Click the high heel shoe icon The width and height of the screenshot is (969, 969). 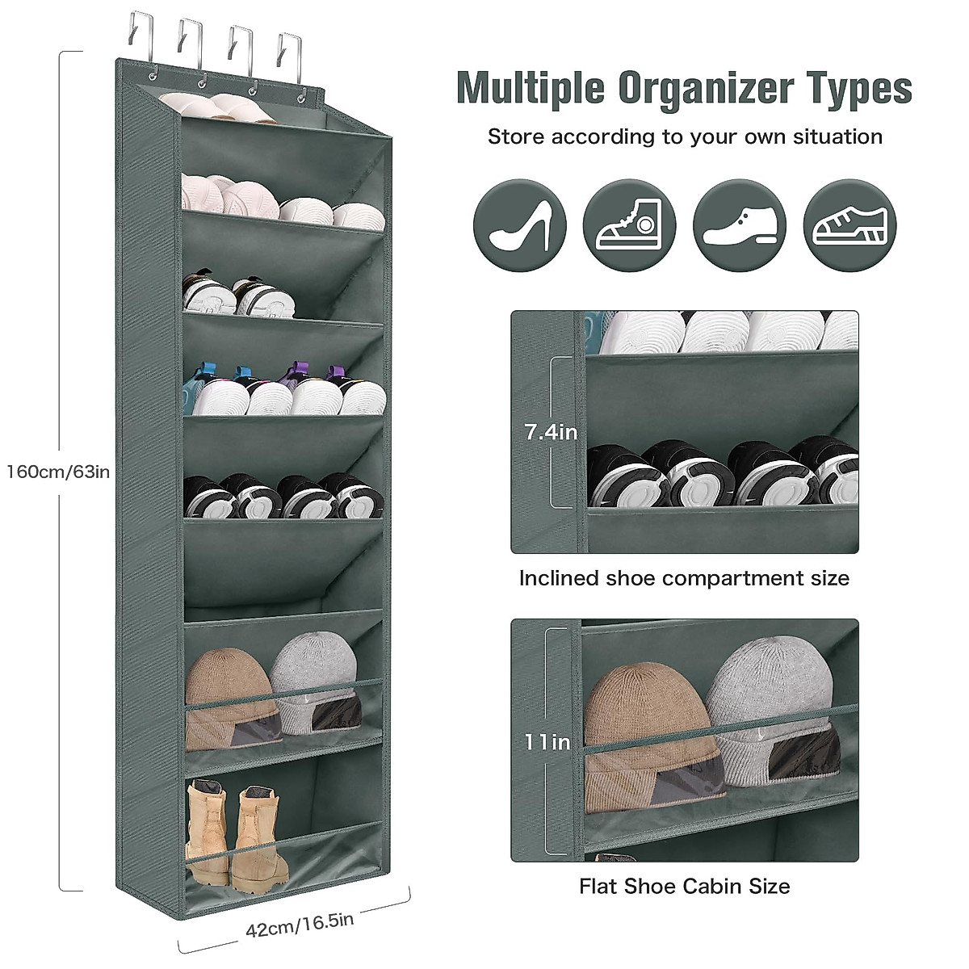pos(519,225)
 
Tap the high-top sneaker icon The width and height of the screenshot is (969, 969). pos(629,225)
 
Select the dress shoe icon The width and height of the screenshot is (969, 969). pos(740,225)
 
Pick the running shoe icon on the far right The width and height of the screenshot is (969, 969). pos(850,225)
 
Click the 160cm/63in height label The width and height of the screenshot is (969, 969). pos(57,471)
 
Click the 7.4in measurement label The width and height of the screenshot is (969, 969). pos(551,432)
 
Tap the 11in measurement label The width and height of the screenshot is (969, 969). pos(547,741)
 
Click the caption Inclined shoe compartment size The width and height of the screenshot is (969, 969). pos(684,578)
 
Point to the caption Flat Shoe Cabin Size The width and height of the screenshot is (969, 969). pos(684,886)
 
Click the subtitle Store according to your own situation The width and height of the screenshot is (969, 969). pos(684,136)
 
